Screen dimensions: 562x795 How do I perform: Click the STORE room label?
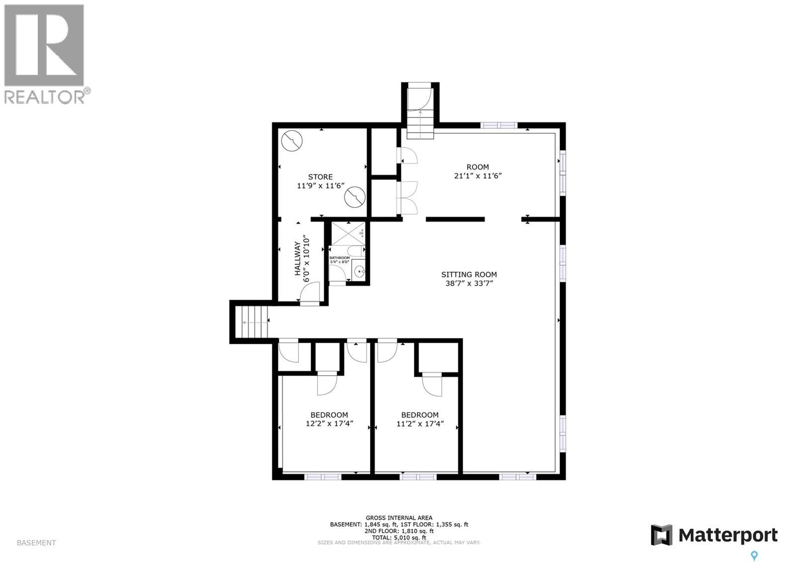pos(320,177)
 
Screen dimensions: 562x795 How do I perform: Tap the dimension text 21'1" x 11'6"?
pos(477,176)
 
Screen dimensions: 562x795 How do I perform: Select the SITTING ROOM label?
pos(469,274)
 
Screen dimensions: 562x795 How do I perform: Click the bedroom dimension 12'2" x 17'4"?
pos(329,424)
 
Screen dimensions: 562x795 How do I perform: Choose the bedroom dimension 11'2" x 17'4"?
pos(419,424)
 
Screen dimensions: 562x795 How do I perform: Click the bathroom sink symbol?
pos(359,271)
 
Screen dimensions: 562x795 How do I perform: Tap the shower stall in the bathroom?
pos(348,233)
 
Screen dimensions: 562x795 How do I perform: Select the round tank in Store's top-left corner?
pos(292,141)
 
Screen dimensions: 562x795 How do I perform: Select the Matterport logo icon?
pos(661,535)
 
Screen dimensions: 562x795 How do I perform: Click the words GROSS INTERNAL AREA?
pos(399,518)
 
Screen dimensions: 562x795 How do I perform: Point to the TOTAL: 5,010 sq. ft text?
pos(399,537)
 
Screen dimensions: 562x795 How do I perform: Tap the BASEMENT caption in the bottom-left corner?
pos(36,543)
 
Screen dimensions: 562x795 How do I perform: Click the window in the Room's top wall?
pos(499,125)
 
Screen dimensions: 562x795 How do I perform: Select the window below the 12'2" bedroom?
pos(322,477)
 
